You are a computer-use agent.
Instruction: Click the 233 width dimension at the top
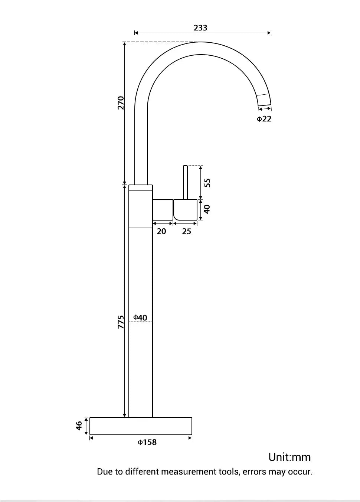[x=200, y=28]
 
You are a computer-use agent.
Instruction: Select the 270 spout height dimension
[x=121, y=103]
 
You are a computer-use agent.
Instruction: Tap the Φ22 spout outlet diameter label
[x=264, y=119]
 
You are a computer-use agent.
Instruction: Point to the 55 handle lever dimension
[x=208, y=182]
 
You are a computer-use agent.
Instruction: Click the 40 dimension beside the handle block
[x=207, y=209]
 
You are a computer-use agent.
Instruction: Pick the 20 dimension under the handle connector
[x=161, y=231]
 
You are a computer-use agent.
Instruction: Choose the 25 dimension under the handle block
[x=186, y=231]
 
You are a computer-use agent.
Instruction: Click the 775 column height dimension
[x=121, y=322]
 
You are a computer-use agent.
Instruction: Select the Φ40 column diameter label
[x=140, y=317]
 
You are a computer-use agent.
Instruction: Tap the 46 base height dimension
[x=79, y=426]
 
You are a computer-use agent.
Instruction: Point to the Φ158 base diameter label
[x=147, y=442]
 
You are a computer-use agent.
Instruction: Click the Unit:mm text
[x=289, y=457]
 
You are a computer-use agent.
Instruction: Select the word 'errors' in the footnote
[x=254, y=472]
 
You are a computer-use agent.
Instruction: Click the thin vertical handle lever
[x=186, y=182]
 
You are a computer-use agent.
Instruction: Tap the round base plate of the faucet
[x=141, y=426]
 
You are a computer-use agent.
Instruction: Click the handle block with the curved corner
[x=186, y=209]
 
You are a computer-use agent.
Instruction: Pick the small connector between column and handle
[x=163, y=209]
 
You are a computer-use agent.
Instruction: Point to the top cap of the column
[x=141, y=188]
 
